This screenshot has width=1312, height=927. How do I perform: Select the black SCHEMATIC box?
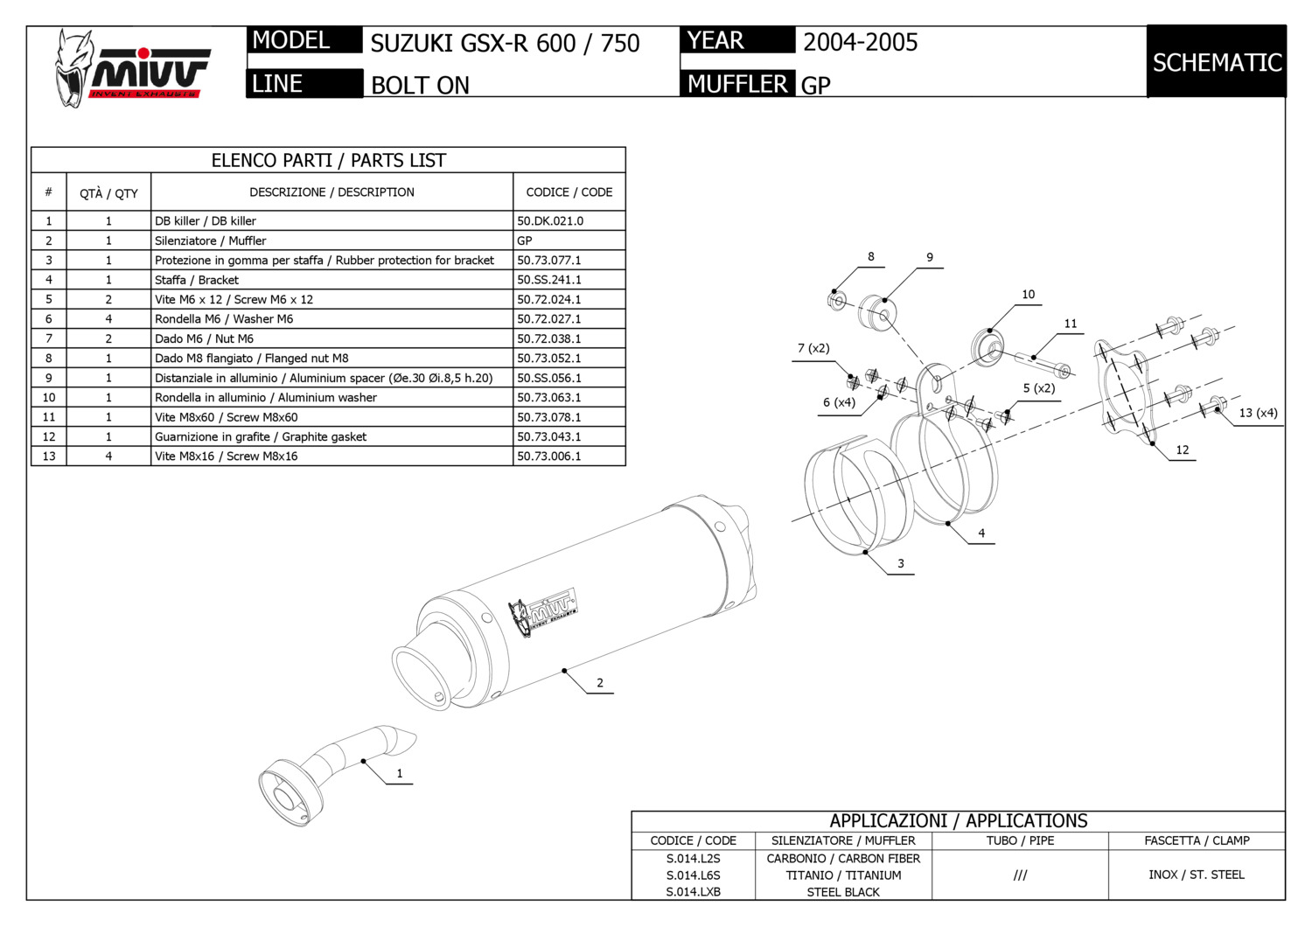1217,62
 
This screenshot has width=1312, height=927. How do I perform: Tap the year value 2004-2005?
860,42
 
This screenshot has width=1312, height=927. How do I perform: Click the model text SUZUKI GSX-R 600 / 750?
505,43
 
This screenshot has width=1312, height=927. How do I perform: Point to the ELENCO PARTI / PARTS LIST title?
328,160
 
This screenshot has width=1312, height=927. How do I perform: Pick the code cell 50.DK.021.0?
550,221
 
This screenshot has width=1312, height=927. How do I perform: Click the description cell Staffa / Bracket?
197,280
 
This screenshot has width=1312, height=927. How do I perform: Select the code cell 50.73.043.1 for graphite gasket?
549,436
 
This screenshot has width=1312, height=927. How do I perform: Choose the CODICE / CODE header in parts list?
569,192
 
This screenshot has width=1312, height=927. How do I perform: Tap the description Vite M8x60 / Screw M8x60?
226,417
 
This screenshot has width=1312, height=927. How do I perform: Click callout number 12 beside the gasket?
1183,450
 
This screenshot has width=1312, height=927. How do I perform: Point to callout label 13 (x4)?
1258,413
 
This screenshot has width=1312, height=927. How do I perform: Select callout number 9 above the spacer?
930,257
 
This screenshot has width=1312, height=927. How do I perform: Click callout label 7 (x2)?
813,348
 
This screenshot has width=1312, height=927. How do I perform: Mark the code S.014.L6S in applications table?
693,875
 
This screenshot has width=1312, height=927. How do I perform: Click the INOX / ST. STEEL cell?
1196,875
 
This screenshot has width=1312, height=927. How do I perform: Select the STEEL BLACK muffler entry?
843,892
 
